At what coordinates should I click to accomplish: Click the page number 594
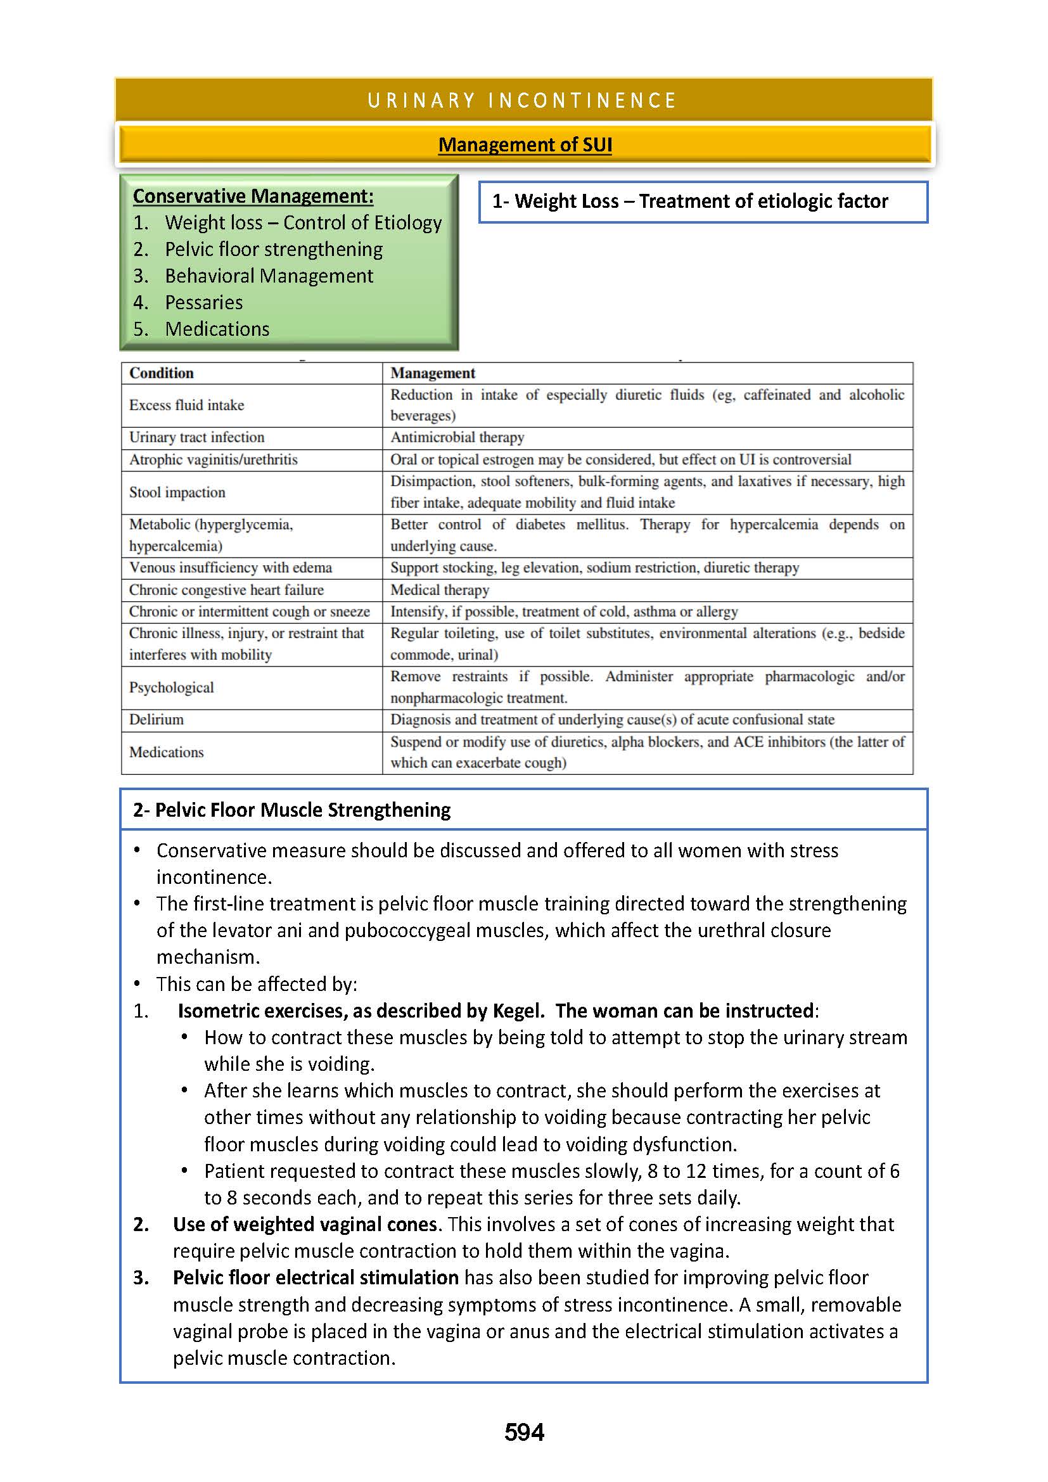(x=524, y=1433)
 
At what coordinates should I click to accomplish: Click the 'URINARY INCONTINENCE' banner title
(x=522, y=101)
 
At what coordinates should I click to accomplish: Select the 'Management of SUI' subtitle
(x=525, y=144)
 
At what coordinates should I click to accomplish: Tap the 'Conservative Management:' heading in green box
(x=253, y=196)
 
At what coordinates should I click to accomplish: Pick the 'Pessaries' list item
(x=204, y=303)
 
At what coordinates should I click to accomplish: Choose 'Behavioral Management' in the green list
(x=269, y=276)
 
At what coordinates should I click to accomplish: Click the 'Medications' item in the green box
(x=217, y=329)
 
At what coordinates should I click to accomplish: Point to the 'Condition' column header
(x=162, y=373)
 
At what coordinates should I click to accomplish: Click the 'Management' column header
(x=432, y=373)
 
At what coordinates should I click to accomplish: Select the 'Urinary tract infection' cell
(x=197, y=438)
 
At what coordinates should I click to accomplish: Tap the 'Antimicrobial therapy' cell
(x=457, y=438)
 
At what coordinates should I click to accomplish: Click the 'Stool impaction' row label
(x=177, y=492)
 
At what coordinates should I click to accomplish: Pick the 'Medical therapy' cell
(x=440, y=590)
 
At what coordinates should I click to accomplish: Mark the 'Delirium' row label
(x=156, y=720)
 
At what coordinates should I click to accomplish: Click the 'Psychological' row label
(x=171, y=687)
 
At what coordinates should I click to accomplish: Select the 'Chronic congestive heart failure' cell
(x=226, y=590)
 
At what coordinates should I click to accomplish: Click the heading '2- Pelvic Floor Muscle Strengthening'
(x=291, y=810)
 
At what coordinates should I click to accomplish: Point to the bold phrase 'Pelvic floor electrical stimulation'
(x=316, y=1278)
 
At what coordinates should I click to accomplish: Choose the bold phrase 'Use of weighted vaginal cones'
(x=305, y=1225)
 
